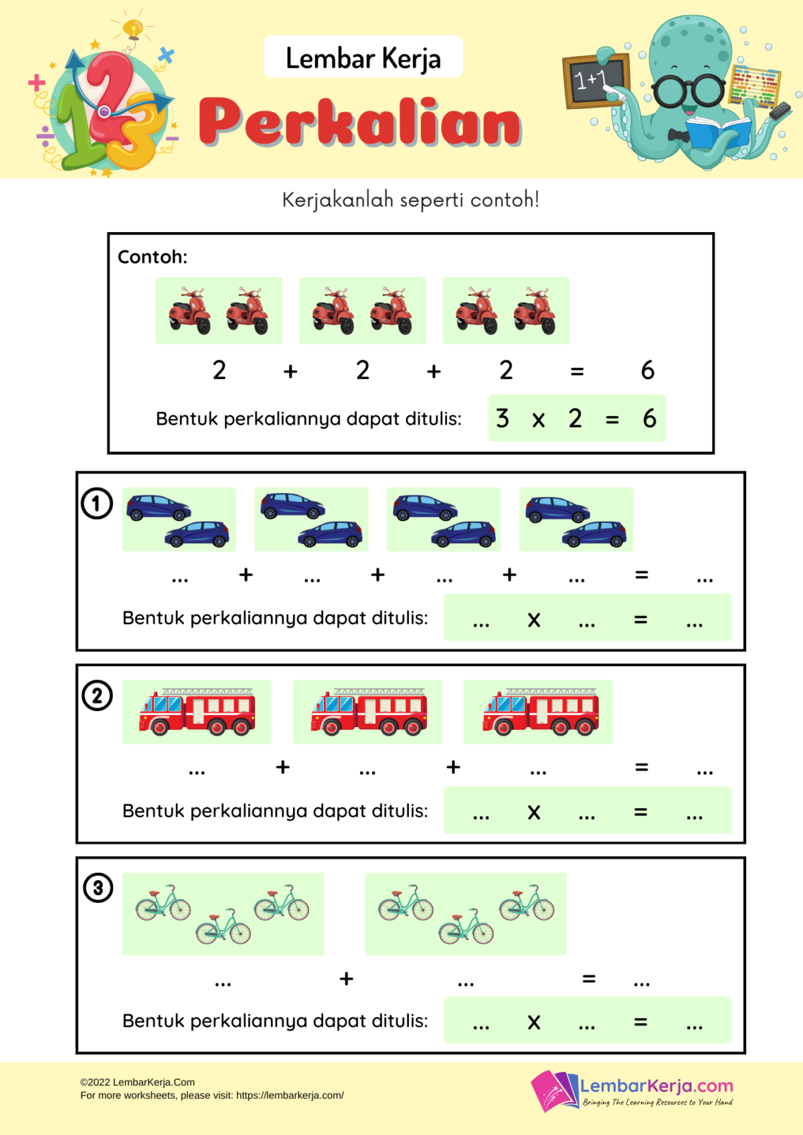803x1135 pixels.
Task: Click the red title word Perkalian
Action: point(360,122)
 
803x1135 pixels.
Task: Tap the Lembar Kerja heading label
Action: point(363,58)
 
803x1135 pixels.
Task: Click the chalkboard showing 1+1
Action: point(595,80)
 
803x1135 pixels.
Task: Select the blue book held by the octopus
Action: point(717,131)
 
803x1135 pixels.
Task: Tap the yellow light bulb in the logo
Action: point(133,29)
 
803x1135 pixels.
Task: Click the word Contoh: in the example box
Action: point(153,257)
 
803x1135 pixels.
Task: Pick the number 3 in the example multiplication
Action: point(503,419)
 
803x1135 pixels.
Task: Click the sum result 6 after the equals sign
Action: point(647,371)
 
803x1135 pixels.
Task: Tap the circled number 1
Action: point(97,504)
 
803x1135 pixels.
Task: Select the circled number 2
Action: point(97,696)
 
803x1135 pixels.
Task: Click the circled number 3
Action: point(98,888)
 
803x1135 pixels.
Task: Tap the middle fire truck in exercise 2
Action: point(368,712)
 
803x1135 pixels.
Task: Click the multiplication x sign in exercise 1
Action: point(533,620)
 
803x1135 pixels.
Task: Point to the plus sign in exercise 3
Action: point(346,978)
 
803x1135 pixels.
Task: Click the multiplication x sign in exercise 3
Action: point(533,1022)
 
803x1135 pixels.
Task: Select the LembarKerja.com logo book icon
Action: point(554,1090)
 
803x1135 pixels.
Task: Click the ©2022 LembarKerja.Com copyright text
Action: point(138,1082)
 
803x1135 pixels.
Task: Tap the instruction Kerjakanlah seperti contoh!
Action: point(410,200)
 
